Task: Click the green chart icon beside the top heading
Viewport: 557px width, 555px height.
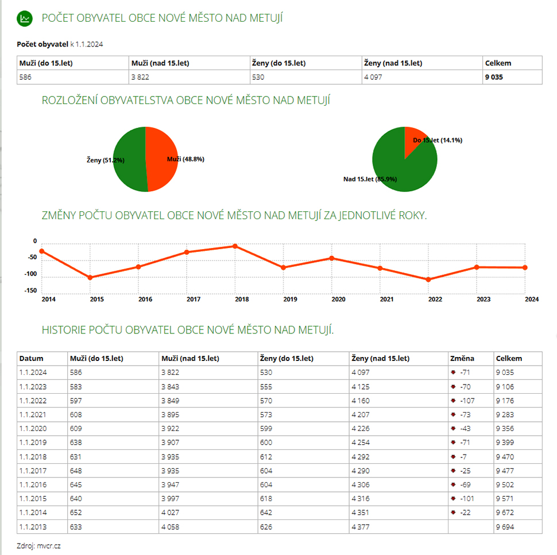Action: [x=24, y=18]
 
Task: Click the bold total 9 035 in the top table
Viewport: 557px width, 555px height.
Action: [x=494, y=77]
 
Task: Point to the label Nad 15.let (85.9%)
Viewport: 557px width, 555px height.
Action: [x=370, y=179]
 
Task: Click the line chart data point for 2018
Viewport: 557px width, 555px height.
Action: [x=235, y=246]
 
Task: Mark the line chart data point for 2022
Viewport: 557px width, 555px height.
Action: [x=428, y=280]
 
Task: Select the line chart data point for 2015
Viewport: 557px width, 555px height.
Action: [x=90, y=278]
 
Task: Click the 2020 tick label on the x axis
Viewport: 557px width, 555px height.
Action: [x=338, y=299]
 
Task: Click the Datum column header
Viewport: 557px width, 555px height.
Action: [x=32, y=359]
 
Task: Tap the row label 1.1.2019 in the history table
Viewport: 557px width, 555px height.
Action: [x=33, y=443]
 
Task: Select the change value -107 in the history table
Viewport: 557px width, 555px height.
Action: [x=468, y=401]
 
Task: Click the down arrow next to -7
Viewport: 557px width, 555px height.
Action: [x=454, y=457]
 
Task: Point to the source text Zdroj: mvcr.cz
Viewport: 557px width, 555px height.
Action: [x=38, y=546]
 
